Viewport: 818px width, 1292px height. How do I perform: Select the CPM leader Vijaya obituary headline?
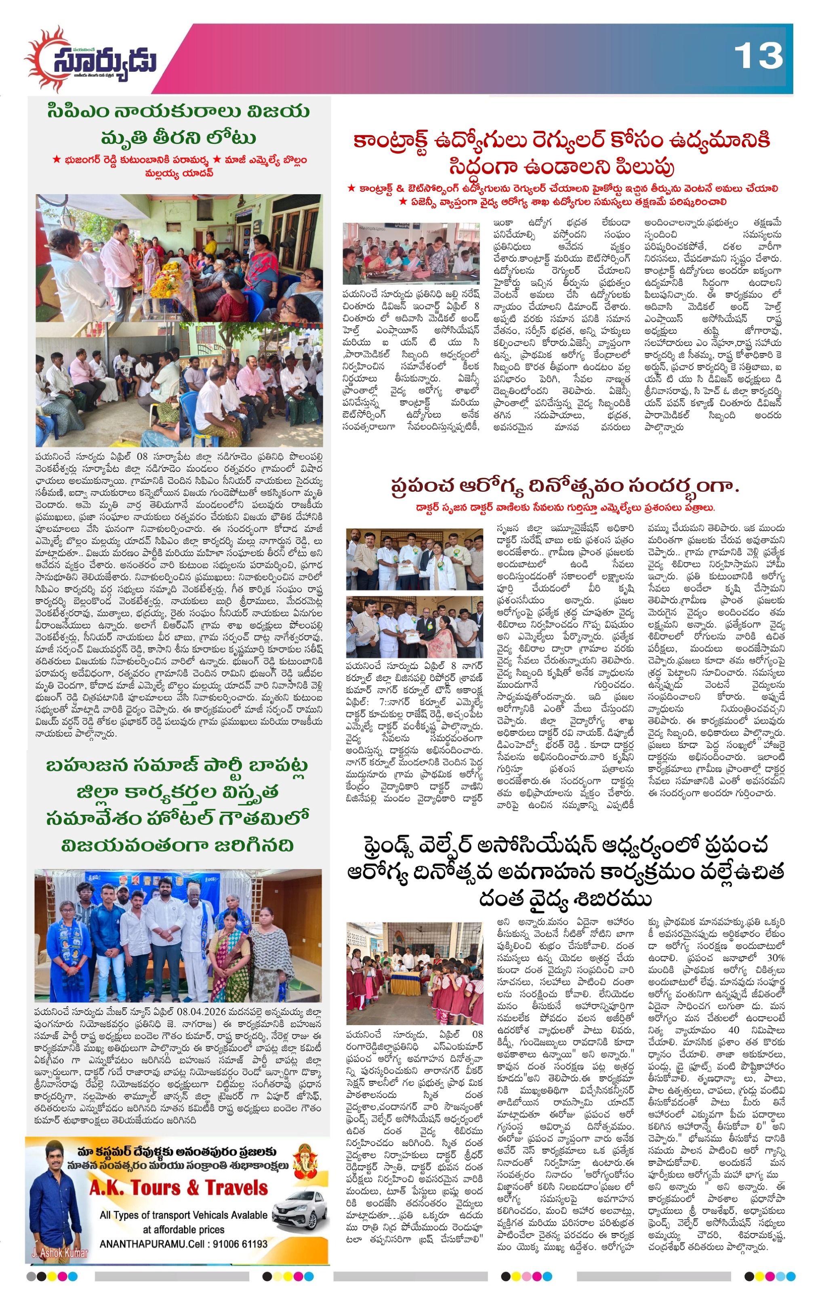(x=178, y=124)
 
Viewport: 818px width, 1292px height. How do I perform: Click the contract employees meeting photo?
(x=411, y=253)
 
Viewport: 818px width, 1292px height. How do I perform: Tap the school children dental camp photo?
(x=414, y=973)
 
